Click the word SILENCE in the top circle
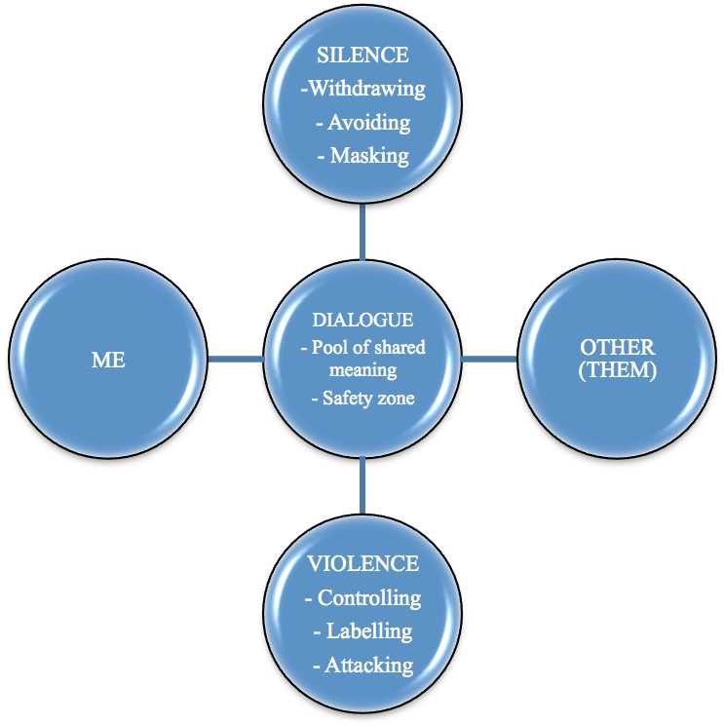(x=362, y=55)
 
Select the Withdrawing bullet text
(x=362, y=89)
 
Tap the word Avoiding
(x=369, y=123)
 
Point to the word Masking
(x=370, y=156)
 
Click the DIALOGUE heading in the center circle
(x=362, y=320)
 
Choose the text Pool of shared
(x=368, y=347)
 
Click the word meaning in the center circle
(x=362, y=371)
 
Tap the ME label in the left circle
(x=108, y=360)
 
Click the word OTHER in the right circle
(x=617, y=347)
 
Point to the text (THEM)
(x=617, y=371)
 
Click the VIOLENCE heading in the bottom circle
(x=362, y=563)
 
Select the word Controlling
(x=369, y=597)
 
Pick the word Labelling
(x=369, y=631)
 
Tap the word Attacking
(x=369, y=666)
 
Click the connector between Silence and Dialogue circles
(x=362, y=232)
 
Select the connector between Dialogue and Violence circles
(x=362, y=485)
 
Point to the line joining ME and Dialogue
(x=235, y=359)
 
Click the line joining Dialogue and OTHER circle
(x=489, y=359)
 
